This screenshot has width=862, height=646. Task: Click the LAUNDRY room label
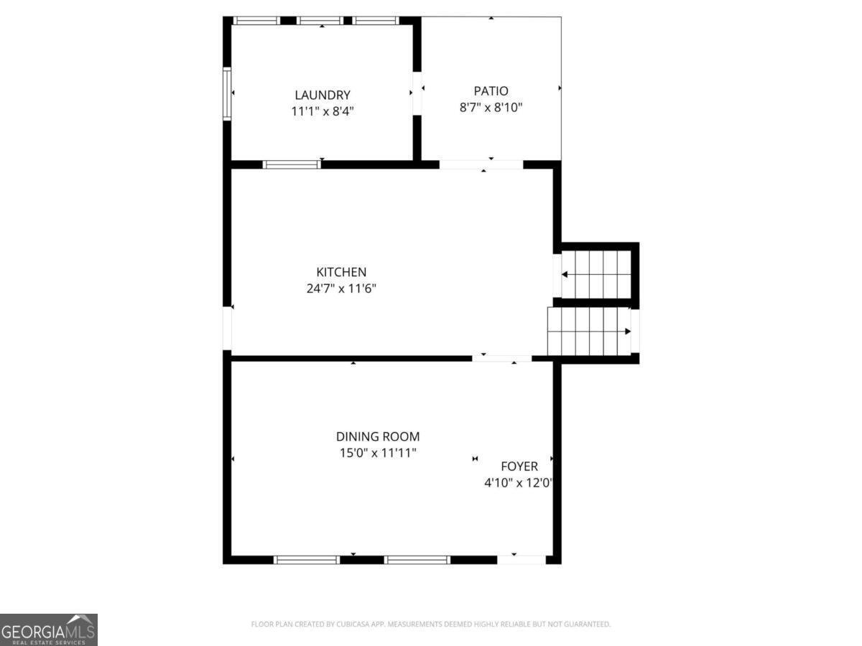[323, 95]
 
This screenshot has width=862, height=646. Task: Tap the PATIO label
[491, 91]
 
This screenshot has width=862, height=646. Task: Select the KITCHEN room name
[341, 272]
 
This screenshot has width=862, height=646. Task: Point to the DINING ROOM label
[378, 436]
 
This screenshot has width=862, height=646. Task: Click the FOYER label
[519, 467]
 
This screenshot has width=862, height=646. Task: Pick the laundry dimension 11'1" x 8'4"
[323, 111]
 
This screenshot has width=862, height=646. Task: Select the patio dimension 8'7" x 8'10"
[491, 108]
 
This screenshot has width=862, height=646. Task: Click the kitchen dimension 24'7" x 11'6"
[341, 289]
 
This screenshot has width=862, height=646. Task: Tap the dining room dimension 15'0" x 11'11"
[378, 453]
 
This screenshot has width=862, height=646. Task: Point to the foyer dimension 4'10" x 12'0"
[519, 484]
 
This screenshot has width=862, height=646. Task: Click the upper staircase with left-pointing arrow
[595, 274]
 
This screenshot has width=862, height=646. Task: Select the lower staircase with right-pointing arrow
[589, 331]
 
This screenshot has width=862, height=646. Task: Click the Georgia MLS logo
[48, 629]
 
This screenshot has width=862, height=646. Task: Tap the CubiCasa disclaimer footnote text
[431, 624]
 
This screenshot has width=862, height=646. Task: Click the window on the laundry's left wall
[227, 93]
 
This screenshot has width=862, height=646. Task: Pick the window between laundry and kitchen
[292, 164]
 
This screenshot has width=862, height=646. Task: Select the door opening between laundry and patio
[417, 93]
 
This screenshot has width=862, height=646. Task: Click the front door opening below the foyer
[521, 559]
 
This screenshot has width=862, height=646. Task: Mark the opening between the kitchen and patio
[481, 164]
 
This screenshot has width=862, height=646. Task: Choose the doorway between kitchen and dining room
[501, 357]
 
